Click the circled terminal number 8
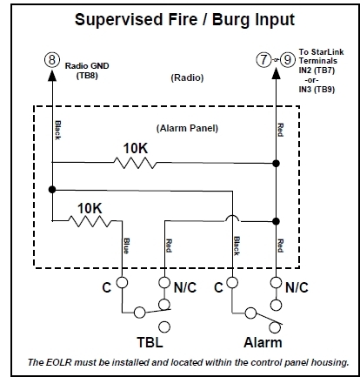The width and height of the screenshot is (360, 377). coord(52,60)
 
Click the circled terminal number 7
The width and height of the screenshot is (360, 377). coord(263,60)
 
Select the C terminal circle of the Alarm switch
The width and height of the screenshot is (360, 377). coord(233,283)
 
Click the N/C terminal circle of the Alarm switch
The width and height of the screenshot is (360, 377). coord(277,283)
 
